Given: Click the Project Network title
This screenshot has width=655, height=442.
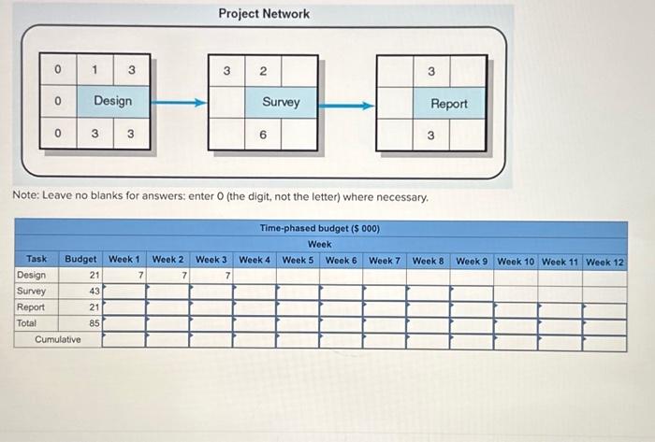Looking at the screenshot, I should [x=264, y=14].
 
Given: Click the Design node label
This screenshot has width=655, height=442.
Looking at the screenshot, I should [x=112, y=101].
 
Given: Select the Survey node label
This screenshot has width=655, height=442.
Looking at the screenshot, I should [x=281, y=102].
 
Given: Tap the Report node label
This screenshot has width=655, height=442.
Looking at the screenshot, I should [x=449, y=104].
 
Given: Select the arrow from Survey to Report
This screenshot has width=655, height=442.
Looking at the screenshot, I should [x=346, y=105].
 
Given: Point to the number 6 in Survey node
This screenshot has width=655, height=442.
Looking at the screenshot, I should [x=263, y=135].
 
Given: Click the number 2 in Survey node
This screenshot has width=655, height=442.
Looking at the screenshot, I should [x=263, y=71].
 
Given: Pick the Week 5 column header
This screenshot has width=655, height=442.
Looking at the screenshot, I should [x=298, y=261].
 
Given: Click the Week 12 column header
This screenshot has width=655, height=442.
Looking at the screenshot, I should [x=604, y=262].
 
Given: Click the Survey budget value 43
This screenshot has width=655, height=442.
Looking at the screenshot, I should [x=95, y=292].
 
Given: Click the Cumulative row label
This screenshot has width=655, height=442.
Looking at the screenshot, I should [x=57, y=339].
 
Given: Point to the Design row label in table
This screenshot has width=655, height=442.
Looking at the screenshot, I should [x=31, y=276].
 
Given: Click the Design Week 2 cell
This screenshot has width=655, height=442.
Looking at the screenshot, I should [x=167, y=276].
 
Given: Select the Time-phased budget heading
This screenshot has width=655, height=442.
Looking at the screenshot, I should [x=319, y=228].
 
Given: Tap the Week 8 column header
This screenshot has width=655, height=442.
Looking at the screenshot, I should [x=429, y=261].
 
